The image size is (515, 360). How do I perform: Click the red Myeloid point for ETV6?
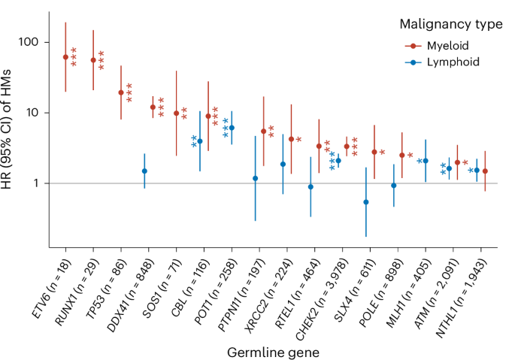tap(65, 57)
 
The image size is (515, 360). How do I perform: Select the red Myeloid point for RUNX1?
tap(93, 60)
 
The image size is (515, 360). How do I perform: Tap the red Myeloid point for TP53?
tap(121, 92)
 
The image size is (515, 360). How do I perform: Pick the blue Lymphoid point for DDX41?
tap(144, 171)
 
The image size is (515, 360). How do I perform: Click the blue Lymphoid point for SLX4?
tap(366, 201)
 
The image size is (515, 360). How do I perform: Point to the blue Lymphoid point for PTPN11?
tap(256, 178)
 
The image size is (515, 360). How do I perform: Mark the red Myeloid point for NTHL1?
tap(485, 171)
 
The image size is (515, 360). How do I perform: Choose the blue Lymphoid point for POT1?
tap(232, 128)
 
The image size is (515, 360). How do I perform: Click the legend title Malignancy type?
tap(451, 25)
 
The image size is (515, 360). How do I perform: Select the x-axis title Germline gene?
tap(273, 350)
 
